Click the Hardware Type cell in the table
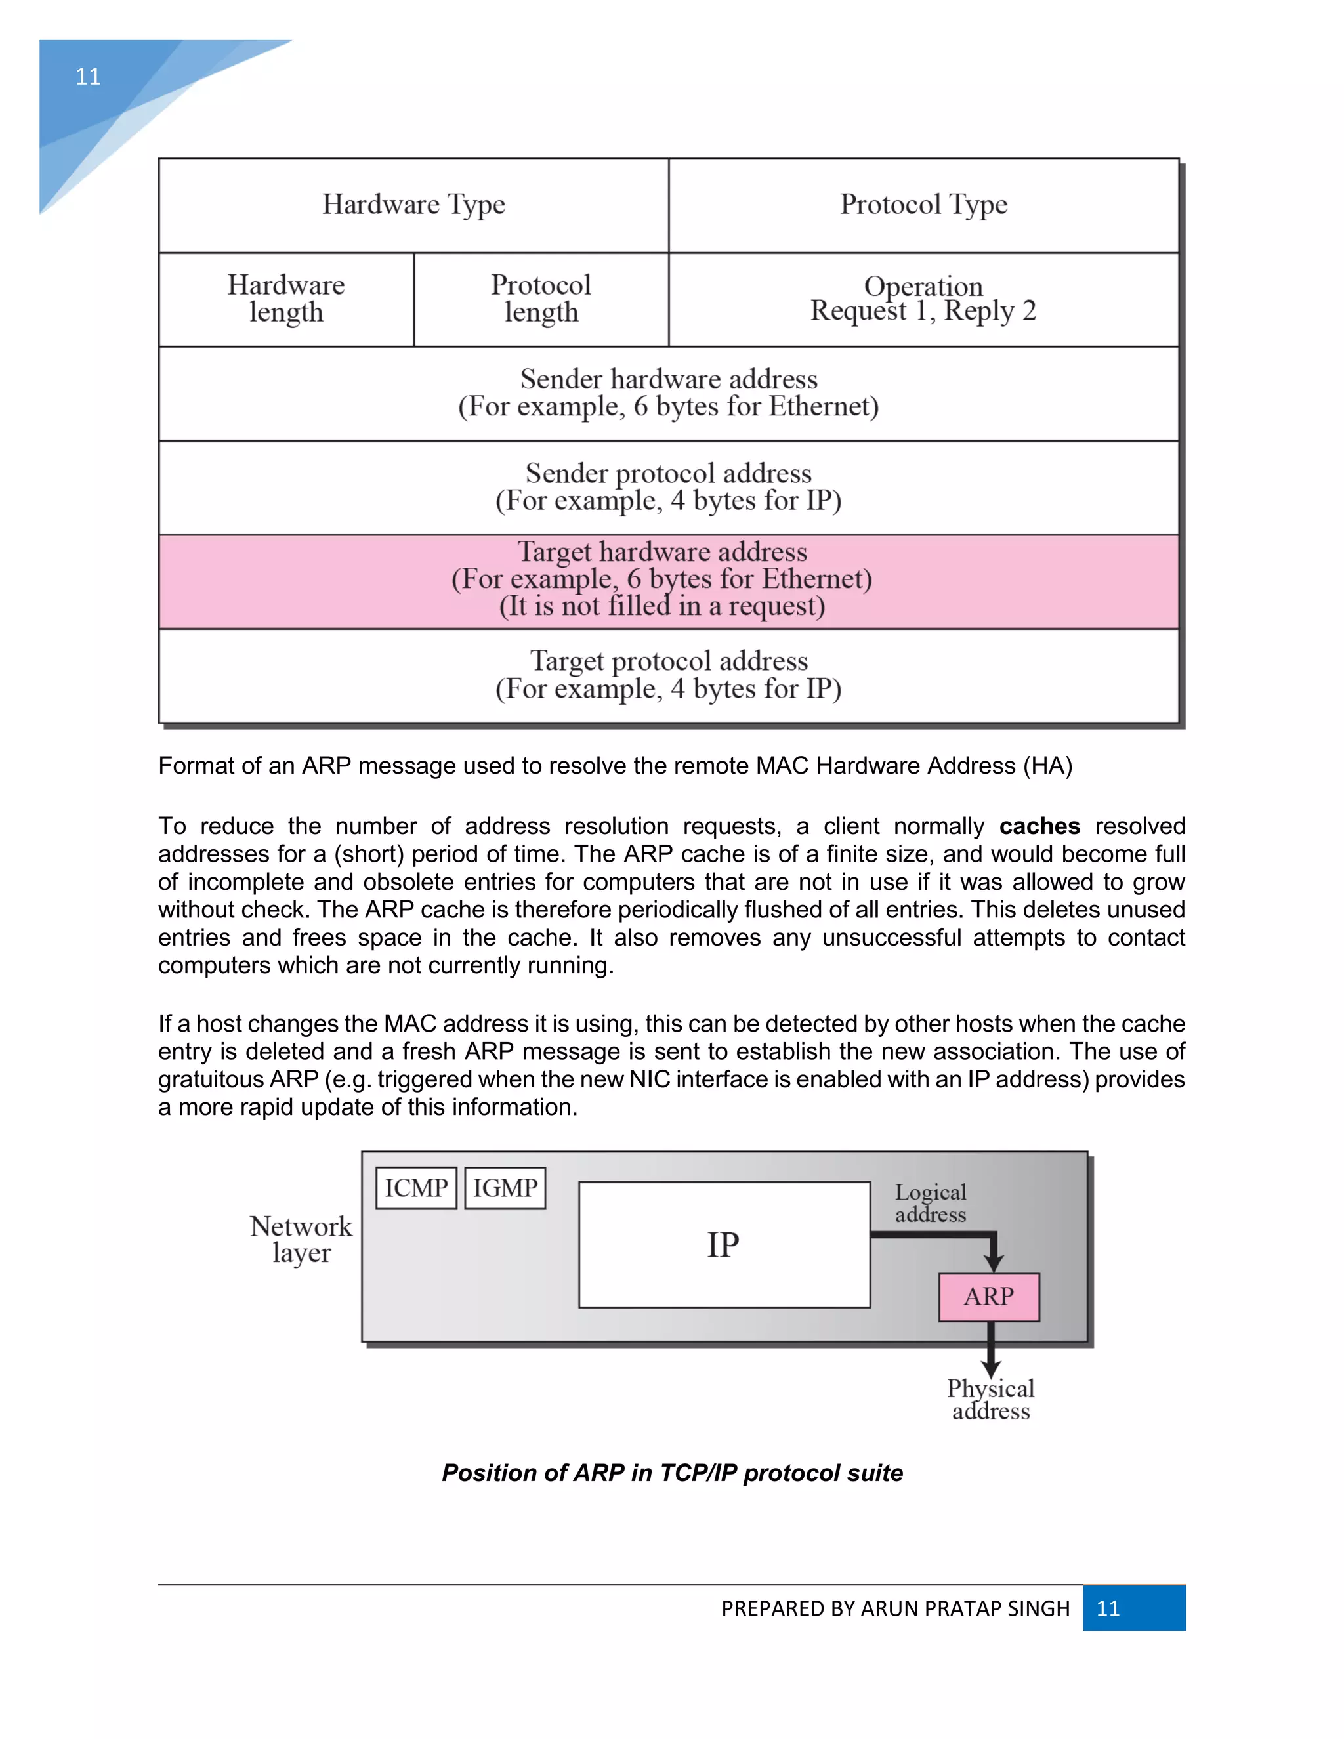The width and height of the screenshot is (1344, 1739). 413,205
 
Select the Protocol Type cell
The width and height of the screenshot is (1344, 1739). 923,205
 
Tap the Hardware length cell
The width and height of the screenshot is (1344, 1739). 286,299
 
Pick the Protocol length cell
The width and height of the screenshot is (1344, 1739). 541,299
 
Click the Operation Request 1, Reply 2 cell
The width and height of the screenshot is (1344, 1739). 923,299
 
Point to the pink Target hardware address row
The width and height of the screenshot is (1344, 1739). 668,581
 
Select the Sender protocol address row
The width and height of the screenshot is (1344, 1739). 668,488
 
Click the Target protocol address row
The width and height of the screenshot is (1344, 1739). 668,675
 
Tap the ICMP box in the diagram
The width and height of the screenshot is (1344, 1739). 415,1188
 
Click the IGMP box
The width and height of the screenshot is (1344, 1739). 505,1188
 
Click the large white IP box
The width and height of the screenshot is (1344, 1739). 724,1244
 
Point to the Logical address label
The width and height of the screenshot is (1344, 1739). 930,1203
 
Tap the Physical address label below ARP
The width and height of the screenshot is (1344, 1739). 990,1400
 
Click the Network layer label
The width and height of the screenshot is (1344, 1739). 301,1239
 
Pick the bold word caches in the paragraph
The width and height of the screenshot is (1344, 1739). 1039,826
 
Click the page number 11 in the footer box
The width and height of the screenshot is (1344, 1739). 1108,1608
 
